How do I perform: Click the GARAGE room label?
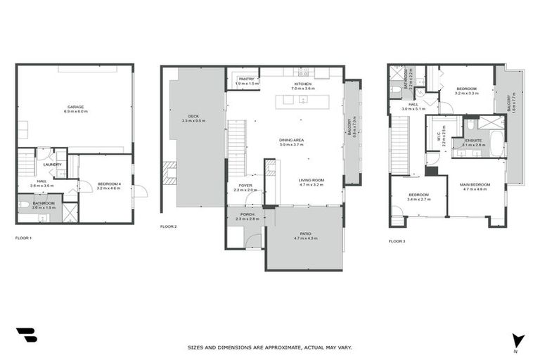(x=75, y=108)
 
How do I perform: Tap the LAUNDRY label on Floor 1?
(x=53, y=165)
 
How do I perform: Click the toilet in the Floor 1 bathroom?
(x=25, y=205)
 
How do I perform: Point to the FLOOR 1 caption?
(x=23, y=238)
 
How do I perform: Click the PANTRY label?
(x=246, y=79)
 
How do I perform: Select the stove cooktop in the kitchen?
(x=304, y=73)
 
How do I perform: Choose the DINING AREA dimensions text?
(x=291, y=145)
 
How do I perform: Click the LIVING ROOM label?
(x=311, y=179)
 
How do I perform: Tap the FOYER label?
(x=245, y=186)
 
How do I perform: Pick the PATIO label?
(x=305, y=233)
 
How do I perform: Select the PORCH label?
(x=247, y=214)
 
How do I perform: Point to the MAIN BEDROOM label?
(x=475, y=185)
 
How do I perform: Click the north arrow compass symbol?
(x=518, y=340)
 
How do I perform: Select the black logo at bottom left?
(x=26, y=335)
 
